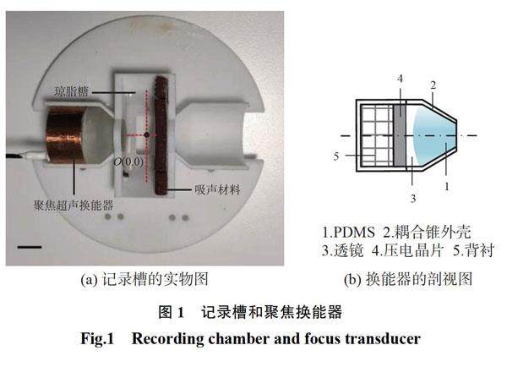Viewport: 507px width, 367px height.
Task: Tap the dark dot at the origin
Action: [x=147, y=135]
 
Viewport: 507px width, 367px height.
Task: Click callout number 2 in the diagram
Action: [x=432, y=85]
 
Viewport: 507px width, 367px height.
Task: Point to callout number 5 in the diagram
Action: [x=336, y=156]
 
